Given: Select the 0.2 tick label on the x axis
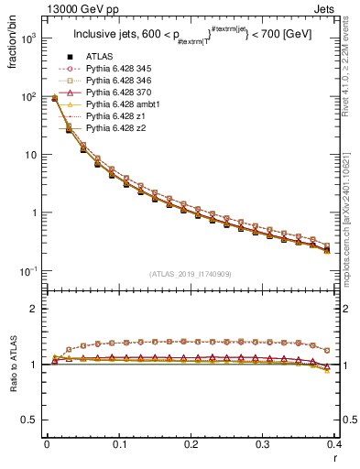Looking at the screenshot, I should coord(191,444).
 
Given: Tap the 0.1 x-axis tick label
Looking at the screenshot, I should coord(119,444).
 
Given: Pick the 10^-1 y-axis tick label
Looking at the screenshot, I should coord(29,271).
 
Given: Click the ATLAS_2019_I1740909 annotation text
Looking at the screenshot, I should coord(191,274).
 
